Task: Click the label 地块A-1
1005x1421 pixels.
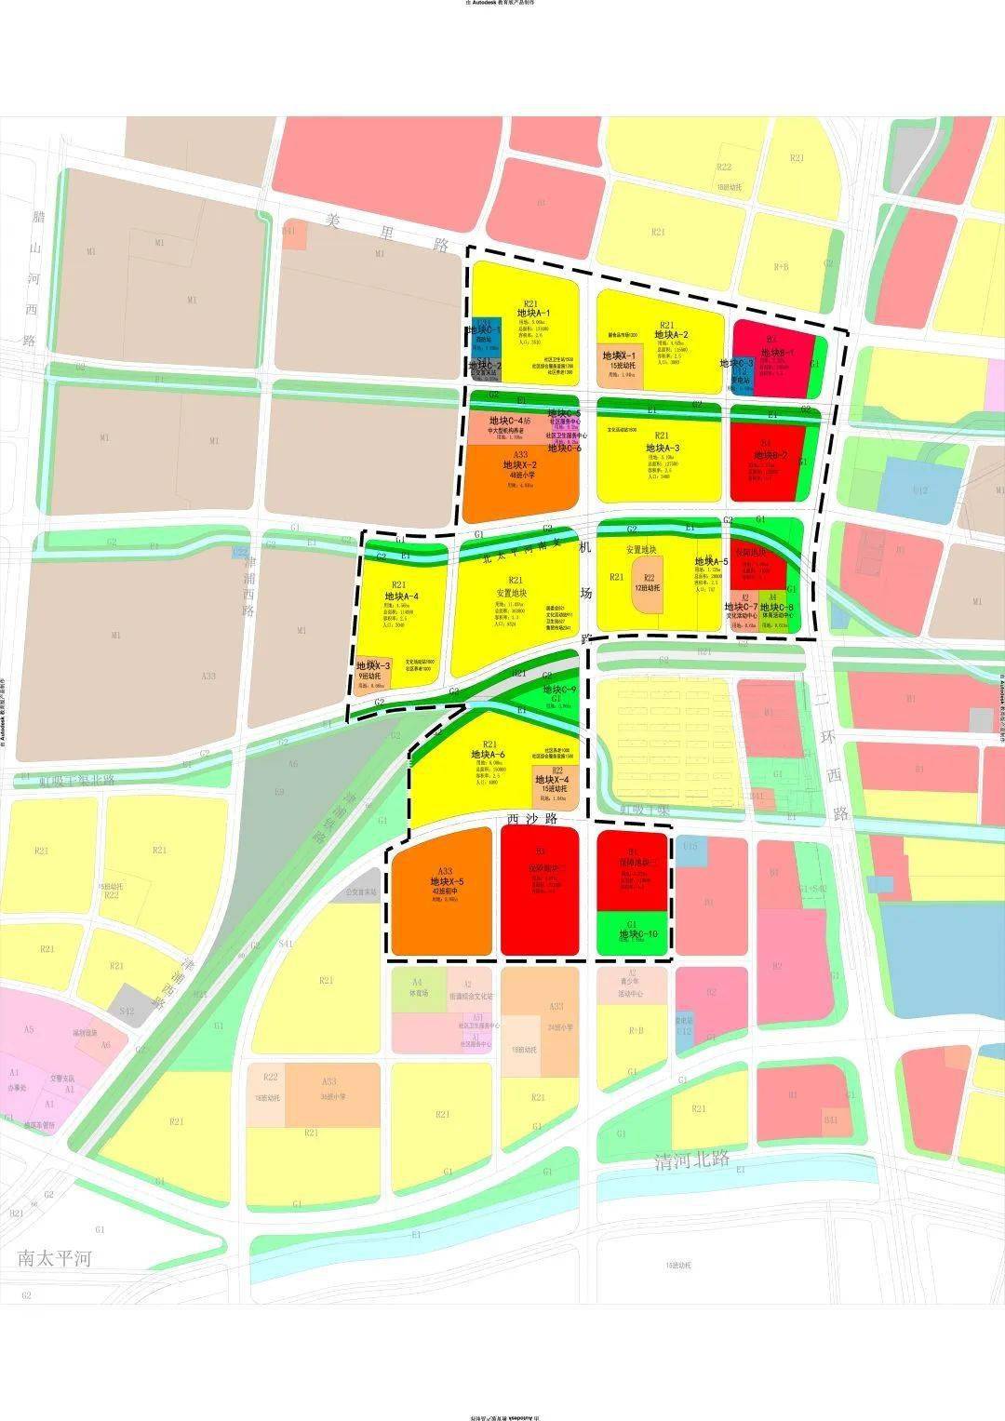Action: (533, 314)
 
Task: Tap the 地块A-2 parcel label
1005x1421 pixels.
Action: (671, 335)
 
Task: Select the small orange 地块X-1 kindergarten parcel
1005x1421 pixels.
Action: (619, 360)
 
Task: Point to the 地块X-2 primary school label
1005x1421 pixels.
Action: (520, 464)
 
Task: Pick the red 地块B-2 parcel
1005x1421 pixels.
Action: (763, 461)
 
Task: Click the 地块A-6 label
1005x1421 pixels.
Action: (488, 754)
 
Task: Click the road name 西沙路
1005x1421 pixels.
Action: (532, 819)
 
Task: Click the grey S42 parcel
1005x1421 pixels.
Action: (127, 1011)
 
